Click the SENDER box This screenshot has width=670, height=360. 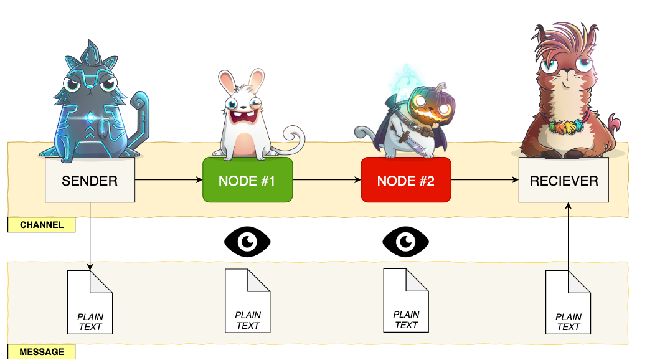[90, 180]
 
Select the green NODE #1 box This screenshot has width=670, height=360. [247, 180]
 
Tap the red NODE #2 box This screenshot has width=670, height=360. [406, 180]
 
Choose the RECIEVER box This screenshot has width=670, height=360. [564, 180]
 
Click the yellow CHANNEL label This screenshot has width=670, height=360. [42, 225]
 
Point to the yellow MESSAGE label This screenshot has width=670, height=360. [42, 352]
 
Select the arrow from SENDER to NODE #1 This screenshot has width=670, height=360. [168, 180]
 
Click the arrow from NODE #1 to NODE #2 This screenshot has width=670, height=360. [326, 180]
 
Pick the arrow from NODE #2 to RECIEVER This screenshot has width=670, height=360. [484, 180]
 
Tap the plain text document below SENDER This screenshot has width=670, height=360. [90, 301]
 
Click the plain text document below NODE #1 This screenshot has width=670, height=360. [248, 301]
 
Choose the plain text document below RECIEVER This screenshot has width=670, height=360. [568, 303]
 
